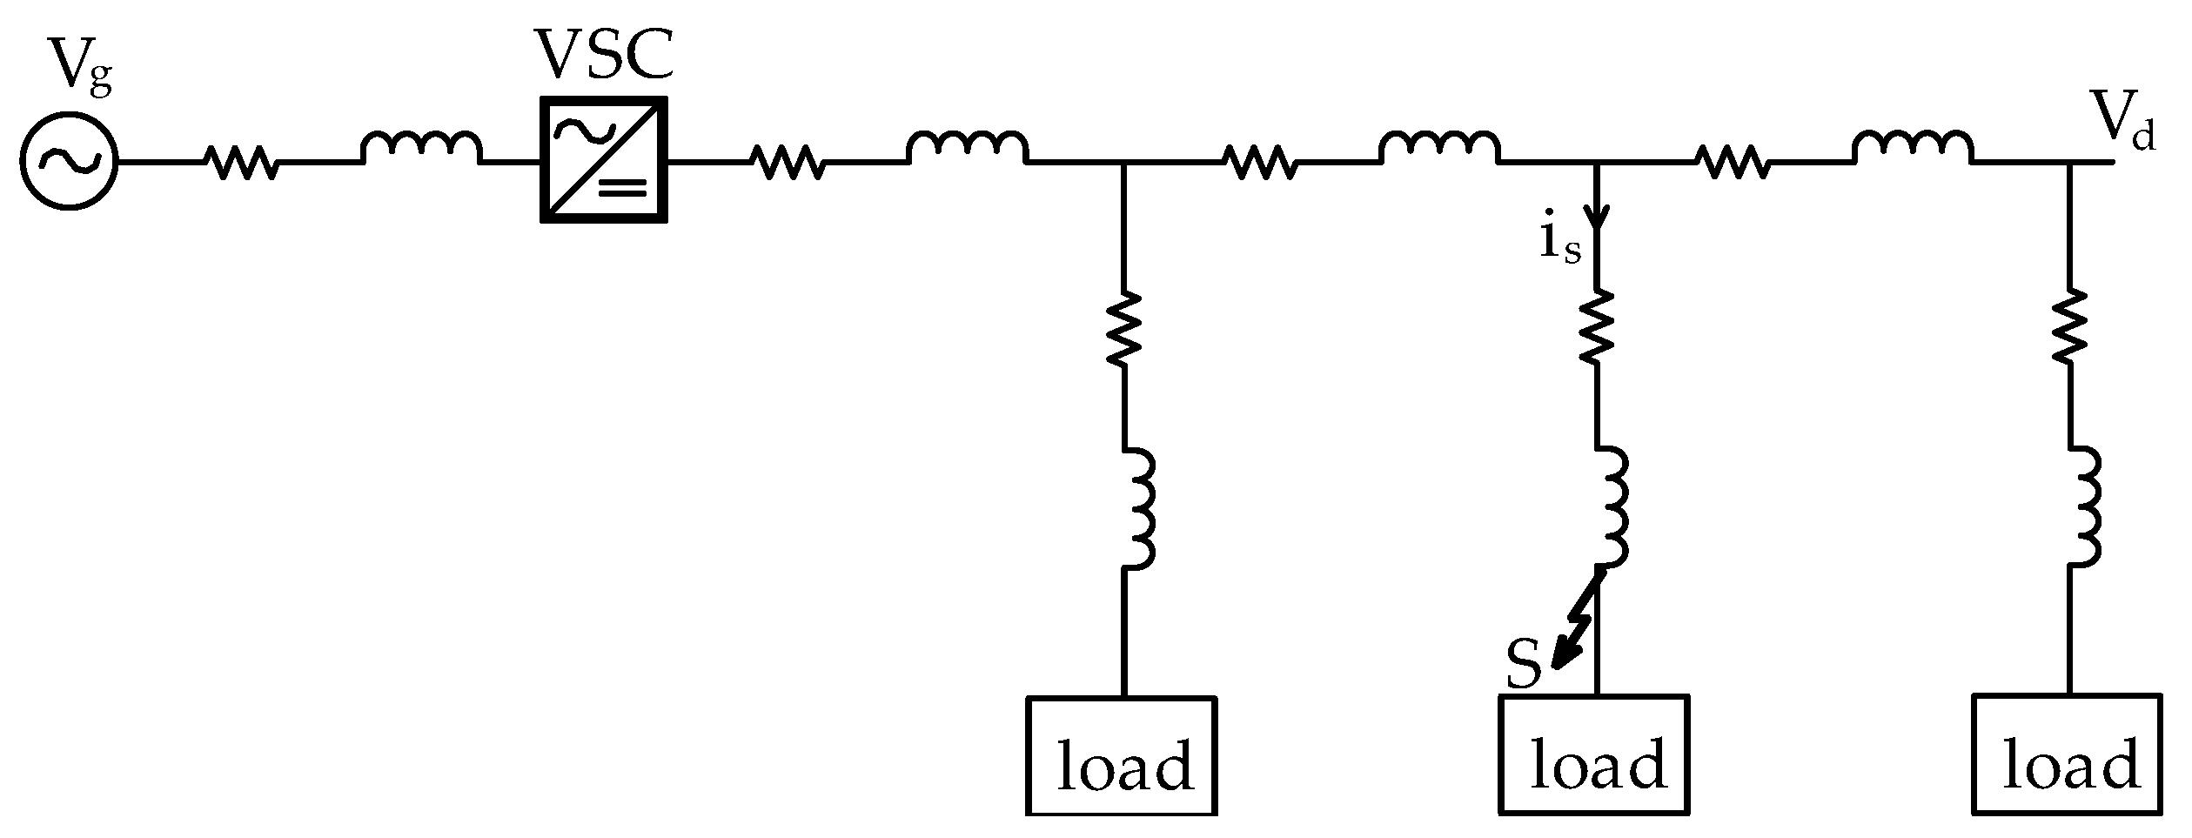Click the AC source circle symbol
coord(68,162)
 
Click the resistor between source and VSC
coord(242,162)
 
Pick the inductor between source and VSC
coord(421,150)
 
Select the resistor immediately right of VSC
coord(787,162)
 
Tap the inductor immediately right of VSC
coord(967,150)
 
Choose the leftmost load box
coord(1122,754)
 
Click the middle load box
coord(1594,754)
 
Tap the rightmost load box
coord(2066,754)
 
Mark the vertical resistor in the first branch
coord(1124,329)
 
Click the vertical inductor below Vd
coord(2082,507)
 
